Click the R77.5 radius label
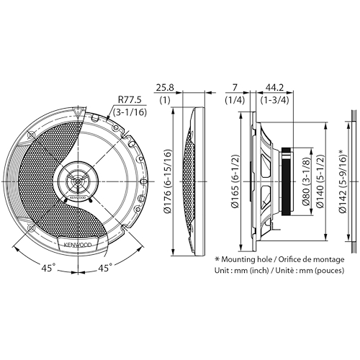(130, 100)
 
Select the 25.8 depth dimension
(165, 88)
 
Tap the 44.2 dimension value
(274, 88)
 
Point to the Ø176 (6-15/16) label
(168, 181)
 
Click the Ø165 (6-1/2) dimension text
(235, 181)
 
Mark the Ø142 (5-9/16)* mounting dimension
(343, 181)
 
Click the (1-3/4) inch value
(275, 100)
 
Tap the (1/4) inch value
(235, 100)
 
